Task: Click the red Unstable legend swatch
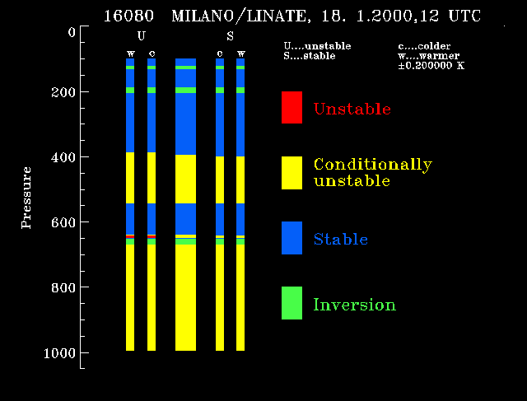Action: coord(291,107)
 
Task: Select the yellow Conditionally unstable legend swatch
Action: coord(291,173)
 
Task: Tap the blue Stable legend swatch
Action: coord(291,238)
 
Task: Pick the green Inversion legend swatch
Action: coord(291,303)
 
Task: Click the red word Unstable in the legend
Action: coord(352,109)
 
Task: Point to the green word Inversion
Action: coord(355,305)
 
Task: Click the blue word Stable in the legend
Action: coord(341,239)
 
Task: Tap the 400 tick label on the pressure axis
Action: coord(63,157)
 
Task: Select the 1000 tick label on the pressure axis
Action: coord(59,353)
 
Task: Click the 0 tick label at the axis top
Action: coord(72,32)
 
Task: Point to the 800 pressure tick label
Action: coord(63,287)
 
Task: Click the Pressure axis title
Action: coord(26,198)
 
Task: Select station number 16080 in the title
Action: coord(128,16)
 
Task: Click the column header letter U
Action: coord(141,35)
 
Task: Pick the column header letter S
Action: coord(230,35)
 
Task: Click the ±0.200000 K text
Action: coord(431,65)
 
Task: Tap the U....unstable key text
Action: coord(317,46)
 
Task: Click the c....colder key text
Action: coord(424,46)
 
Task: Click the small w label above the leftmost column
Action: coord(131,54)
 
